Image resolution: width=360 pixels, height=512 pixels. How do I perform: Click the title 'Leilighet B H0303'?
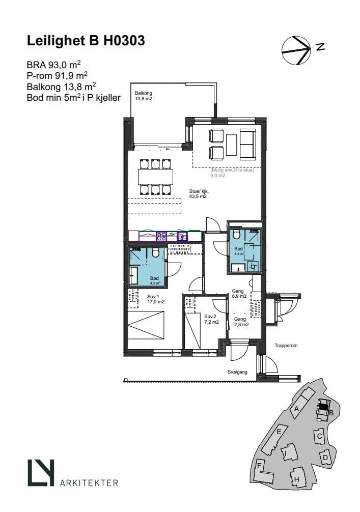pyautogui.click(x=86, y=41)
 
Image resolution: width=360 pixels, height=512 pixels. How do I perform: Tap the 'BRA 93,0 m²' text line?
pyautogui.click(x=54, y=64)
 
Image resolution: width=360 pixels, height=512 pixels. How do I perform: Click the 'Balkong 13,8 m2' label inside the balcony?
pyautogui.click(x=144, y=96)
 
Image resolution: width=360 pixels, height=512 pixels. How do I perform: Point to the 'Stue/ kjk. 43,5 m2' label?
pyautogui.click(x=199, y=194)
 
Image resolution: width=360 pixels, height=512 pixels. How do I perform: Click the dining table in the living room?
pyautogui.click(x=155, y=177)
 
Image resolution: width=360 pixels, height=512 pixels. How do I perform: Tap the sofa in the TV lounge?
pyautogui.click(x=247, y=145)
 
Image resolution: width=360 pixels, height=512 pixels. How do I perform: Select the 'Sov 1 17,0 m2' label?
pyautogui.click(x=155, y=299)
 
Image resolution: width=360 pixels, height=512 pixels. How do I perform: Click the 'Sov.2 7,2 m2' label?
pyautogui.click(x=211, y=319)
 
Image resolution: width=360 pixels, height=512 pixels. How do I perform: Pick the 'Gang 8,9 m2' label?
pyautogui.click(x=239, y=294)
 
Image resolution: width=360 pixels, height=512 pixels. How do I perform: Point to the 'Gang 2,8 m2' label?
pyautogui.click(x=241, y=322)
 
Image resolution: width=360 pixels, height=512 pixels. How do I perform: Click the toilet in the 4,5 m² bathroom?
pyautogui.click(x=156, y=252)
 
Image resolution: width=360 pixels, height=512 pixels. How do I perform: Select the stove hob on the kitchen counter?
pyautogui.click(x=161, y=236)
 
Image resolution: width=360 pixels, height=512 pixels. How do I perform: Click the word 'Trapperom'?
pyautogui.click(x=286, y=346)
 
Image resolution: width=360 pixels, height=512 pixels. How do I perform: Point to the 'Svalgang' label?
pyautogui.click(x=237, y=372)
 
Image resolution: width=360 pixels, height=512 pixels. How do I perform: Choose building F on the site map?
pyautogui.click(x=263, y=471)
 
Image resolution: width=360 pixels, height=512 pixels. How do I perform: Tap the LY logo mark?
pyautogui.click(x=41, y=472)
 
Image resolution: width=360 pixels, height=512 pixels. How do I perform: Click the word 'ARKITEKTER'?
pyautogui.click(x=89, y=482)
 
